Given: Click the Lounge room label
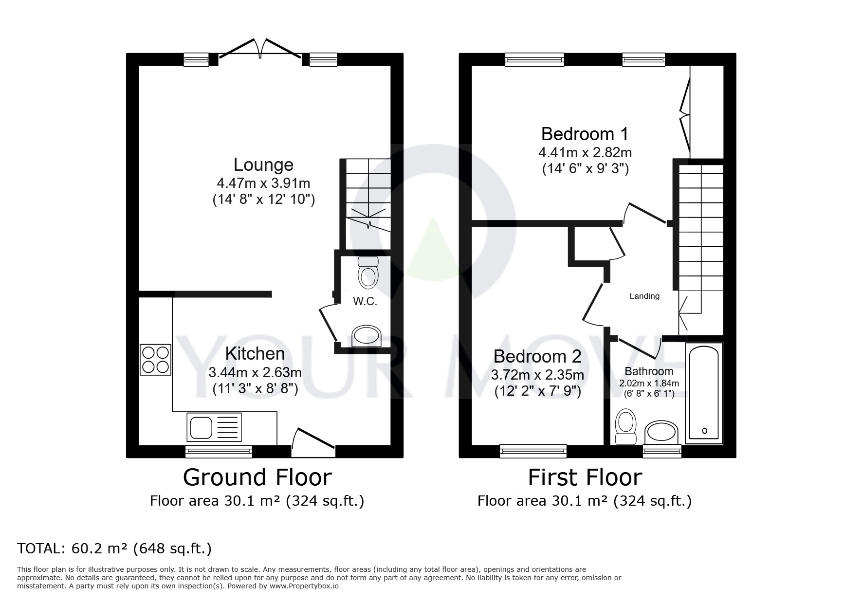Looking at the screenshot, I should (x=263, y=164).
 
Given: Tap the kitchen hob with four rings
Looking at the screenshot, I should (x=155, y=360).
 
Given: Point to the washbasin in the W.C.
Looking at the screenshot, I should (x=367, y=336).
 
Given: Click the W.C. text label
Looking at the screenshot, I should (x=365, y=302).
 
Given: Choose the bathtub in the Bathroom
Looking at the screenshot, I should (x=703, y=393).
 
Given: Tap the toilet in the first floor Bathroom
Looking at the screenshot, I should (x=626, y=426).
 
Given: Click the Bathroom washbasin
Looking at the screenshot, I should (x=661, y=432).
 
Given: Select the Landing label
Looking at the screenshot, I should (x=644, y=296).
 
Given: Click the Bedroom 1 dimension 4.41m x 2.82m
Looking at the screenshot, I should (x=585, y=153).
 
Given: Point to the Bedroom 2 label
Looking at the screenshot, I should (x=537, y=356).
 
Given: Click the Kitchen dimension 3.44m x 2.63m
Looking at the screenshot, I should (x=255, y=373).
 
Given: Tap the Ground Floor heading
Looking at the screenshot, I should (x=257, y=477).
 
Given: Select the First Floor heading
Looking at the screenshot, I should (x=585, y=477).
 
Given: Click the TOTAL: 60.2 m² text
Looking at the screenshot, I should (x=114, y=548).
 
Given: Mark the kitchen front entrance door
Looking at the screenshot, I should (x=312, y=439).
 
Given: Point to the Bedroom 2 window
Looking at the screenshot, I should (x=533, y=451).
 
